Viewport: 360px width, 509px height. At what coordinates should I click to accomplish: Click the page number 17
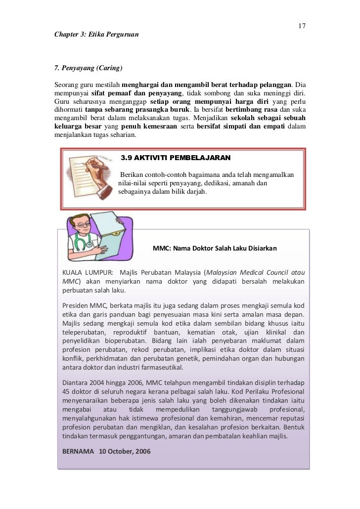pos(302,26)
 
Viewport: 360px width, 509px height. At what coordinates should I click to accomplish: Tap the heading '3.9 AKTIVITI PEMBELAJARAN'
pos(176,158)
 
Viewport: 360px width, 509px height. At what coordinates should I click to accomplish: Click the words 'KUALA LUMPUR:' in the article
pos(87,272)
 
